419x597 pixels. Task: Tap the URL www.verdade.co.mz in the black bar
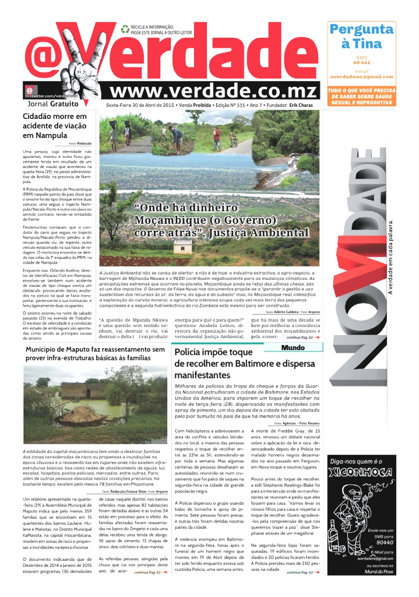click(x=214, y=91)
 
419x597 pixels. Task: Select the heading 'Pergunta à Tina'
click(x=361, y=36)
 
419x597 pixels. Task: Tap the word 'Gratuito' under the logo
click(x=64, y=104)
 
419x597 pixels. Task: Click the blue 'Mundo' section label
click(x=292, y=347)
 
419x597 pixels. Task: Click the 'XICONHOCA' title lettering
click(x=360, y=472)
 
